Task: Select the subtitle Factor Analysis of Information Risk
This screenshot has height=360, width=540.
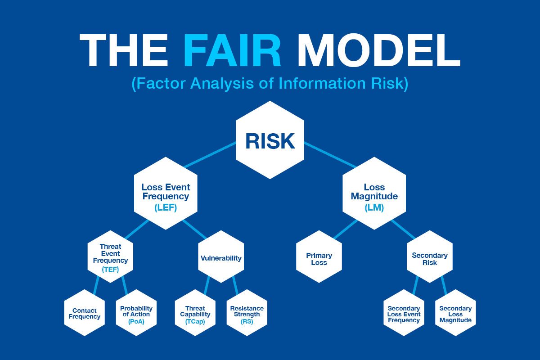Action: pyautogui.click(x=270, y=84)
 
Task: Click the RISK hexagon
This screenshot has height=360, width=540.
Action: pyautogui.click(x=270, y=140)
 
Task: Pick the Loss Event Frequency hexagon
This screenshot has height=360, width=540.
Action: pyautogui.click(x=166, y=193)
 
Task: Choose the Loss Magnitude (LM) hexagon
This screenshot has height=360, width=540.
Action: pyautogui.click(x=374, y=193)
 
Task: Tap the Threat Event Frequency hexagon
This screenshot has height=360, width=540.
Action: pyautogui.click(x=110, y=257)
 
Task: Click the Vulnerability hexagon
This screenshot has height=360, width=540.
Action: pyautogui.click(x=220, y=258)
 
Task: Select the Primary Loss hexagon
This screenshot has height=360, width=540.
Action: pyautogui.click(x=319, y=257)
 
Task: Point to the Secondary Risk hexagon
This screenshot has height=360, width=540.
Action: pyautogui.click(x=429, y=257)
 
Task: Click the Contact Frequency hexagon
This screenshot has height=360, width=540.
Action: pyautogui.click(x=85, y=313)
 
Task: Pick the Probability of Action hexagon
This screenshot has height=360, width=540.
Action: pyautogui.click(x=136, y=313)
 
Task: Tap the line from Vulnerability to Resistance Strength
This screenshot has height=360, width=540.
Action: pyautogui.click(x=235, y=285)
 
